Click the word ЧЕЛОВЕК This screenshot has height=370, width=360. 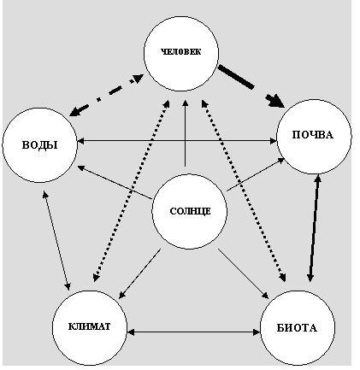[180, 52]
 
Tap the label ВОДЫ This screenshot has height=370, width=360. [39, 145]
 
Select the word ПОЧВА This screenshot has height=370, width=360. [312, 135]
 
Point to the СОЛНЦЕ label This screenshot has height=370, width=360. [190, 211]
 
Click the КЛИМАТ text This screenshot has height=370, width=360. [89, 326]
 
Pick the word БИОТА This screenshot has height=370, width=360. [297, 328]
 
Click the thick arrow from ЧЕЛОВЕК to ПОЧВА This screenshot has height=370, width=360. [251, 86]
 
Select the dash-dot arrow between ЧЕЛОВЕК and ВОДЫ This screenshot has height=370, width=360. [106, 95]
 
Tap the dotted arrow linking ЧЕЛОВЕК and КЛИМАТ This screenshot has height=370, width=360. [132, 191]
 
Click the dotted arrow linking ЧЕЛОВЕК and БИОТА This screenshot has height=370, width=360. [244, 191]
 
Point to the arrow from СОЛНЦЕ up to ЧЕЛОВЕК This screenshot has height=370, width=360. [186, 132]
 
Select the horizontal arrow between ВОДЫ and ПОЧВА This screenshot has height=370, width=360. [177, 141]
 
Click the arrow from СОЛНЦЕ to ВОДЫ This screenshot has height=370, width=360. [115, 182]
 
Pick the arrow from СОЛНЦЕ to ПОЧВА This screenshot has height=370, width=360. [256, 174]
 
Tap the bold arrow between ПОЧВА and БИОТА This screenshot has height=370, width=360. [314, 228]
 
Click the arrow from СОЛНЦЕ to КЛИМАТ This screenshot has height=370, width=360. [139, 273]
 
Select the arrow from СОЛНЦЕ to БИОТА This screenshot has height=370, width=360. [244, 273]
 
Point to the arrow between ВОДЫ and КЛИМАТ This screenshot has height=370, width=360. [56, 240]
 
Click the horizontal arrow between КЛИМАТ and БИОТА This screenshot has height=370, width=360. [193, 332]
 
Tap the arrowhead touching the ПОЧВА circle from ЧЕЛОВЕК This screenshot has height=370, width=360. [276, 102]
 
